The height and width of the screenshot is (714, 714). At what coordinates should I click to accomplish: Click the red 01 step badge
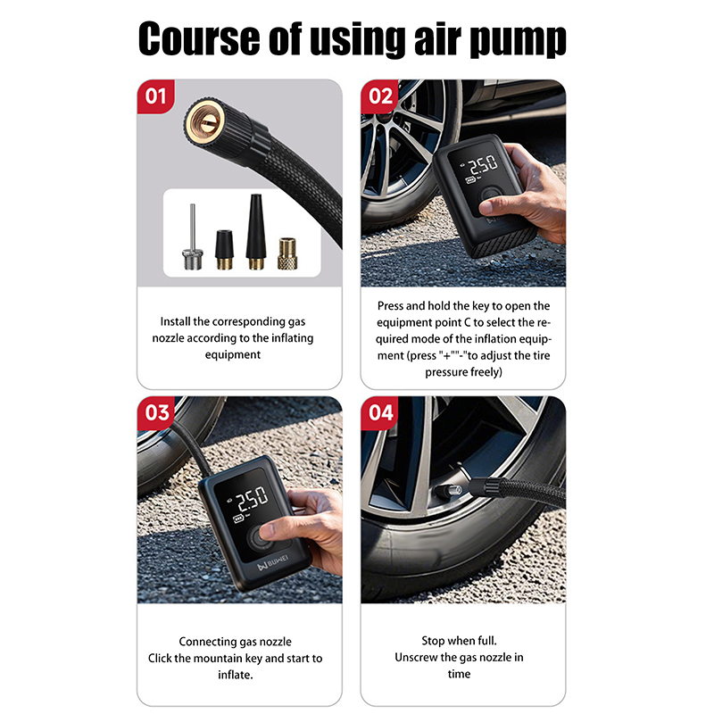[x=155, y=96]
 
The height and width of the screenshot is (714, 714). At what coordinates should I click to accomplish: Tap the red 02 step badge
[x=379, y=96]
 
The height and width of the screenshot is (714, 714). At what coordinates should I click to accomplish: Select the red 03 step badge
[x=155, y=412]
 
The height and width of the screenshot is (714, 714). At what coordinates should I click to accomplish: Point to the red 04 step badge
[x=379, y=412]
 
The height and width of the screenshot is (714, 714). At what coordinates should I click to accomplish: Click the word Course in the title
[x=199, y=38]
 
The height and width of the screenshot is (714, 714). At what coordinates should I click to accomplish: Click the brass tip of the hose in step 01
[x=204, y=121]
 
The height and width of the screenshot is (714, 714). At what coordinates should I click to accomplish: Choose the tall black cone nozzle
[x=256, y=232]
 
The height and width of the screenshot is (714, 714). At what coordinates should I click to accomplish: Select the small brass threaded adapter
[x=287, y=253]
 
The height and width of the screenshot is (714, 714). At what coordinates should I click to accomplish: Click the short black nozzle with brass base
[x=225, y=250]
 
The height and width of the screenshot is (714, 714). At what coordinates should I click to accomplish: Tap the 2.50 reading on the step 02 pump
[x=484, y=165]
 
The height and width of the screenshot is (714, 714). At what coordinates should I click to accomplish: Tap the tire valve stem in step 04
[x=450, y=491]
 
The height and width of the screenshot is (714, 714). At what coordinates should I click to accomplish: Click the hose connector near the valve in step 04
[x=485, y=489]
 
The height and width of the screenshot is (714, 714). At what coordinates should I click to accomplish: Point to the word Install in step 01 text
[x=175, y=321]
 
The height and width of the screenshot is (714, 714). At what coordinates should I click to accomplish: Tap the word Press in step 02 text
[x=390, y=305]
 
